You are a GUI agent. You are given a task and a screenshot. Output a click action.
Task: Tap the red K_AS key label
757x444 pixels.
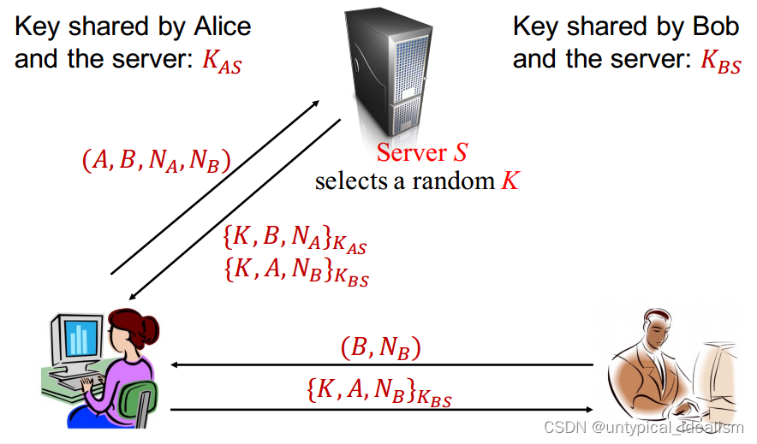[x=222, y=63]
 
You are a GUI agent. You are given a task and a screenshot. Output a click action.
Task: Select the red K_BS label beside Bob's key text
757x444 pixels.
[x=720, y=63]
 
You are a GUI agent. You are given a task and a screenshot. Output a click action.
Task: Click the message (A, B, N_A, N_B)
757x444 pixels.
[x=157, y=161]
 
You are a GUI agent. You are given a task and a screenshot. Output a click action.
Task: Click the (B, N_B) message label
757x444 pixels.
[x=380, y=348]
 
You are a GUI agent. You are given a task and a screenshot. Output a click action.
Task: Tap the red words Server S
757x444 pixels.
[x=422, y=153]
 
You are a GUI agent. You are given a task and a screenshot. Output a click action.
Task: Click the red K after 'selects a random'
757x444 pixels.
[x=510, y=181]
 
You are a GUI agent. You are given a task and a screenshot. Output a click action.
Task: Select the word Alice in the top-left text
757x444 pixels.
[x=220, y=27]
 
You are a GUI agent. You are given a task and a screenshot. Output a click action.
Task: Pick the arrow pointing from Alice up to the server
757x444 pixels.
[x=214, y=187]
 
